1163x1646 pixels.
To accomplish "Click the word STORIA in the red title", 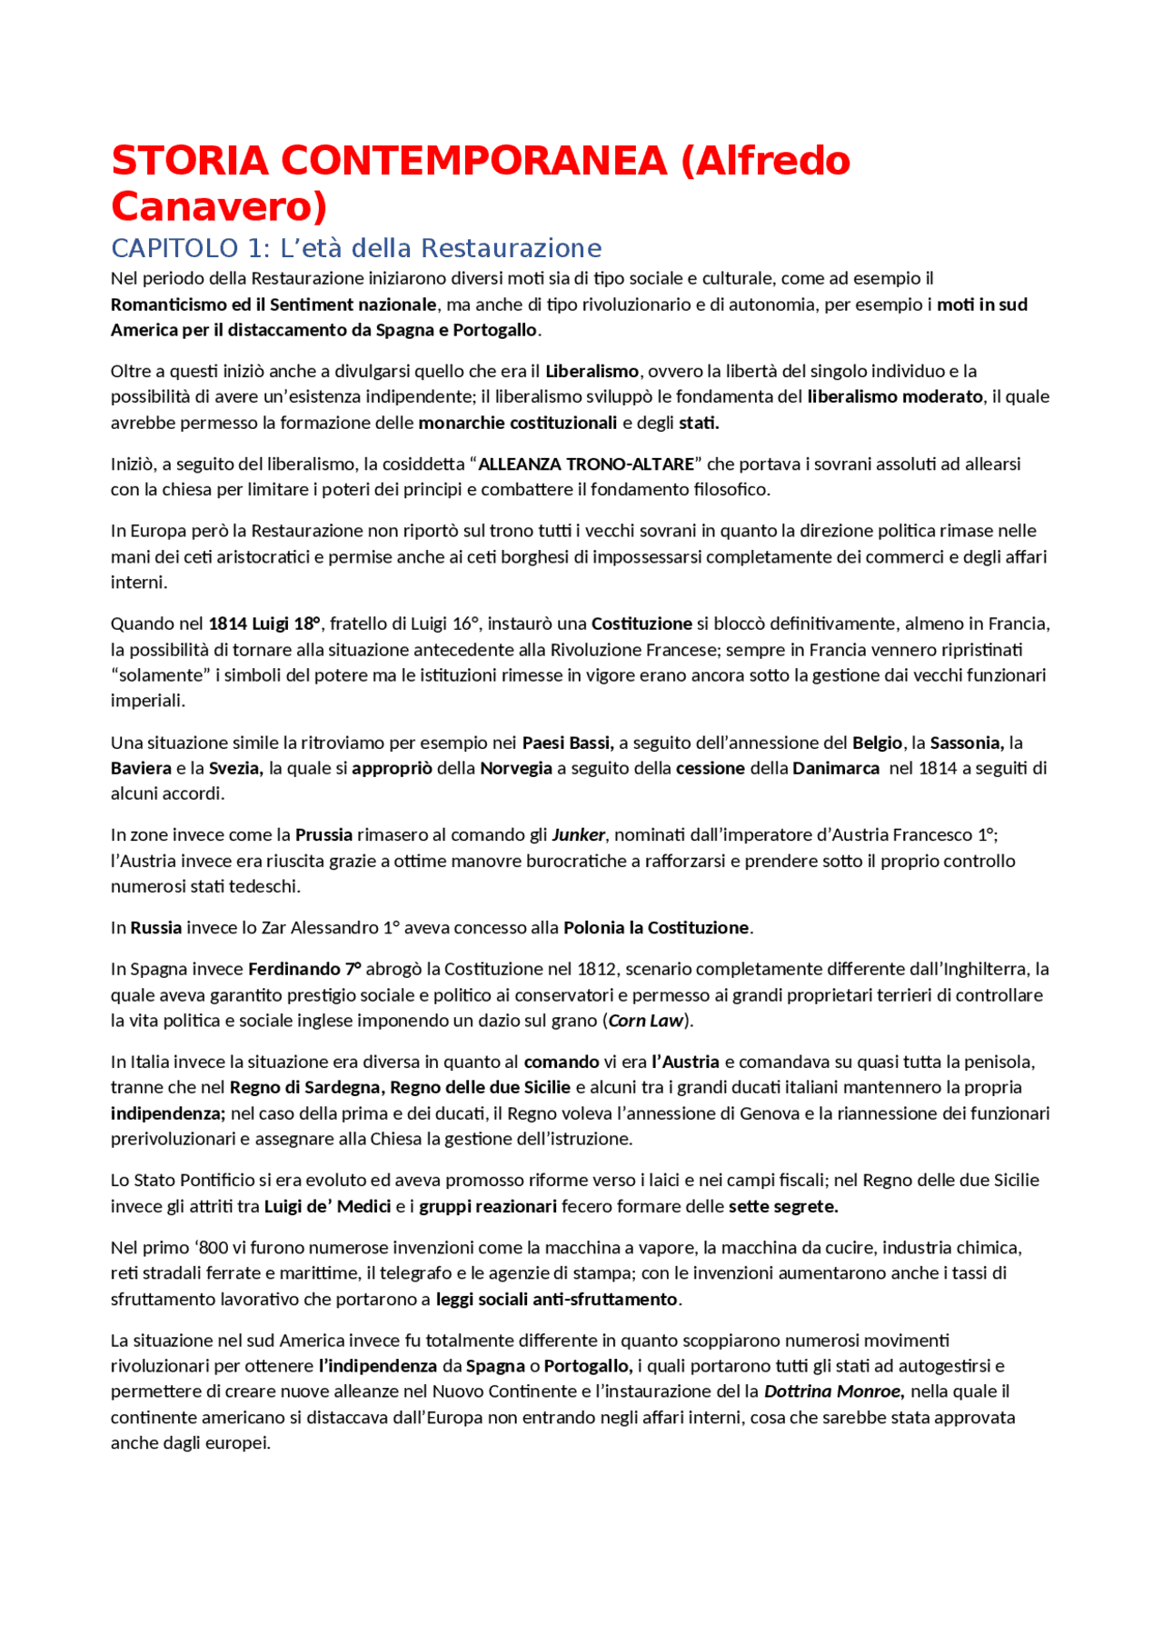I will click(190, 161).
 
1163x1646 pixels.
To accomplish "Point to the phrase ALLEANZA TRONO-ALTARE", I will click(586, 464).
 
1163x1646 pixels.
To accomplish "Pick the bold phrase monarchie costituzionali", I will click(517, 423).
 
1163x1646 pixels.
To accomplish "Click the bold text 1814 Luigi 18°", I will click(264, 624).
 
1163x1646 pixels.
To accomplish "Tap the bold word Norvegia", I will click(516, 769).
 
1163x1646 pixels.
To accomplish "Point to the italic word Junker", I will click(579, 835).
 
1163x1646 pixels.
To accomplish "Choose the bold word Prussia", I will click(323, 835).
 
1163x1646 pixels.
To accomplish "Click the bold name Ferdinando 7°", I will click(304, 970).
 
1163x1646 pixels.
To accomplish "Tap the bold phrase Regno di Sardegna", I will click(306, 1088).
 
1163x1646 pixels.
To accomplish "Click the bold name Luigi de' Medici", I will click(327, 1207).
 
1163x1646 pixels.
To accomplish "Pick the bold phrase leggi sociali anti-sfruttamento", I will click(556, 1300).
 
